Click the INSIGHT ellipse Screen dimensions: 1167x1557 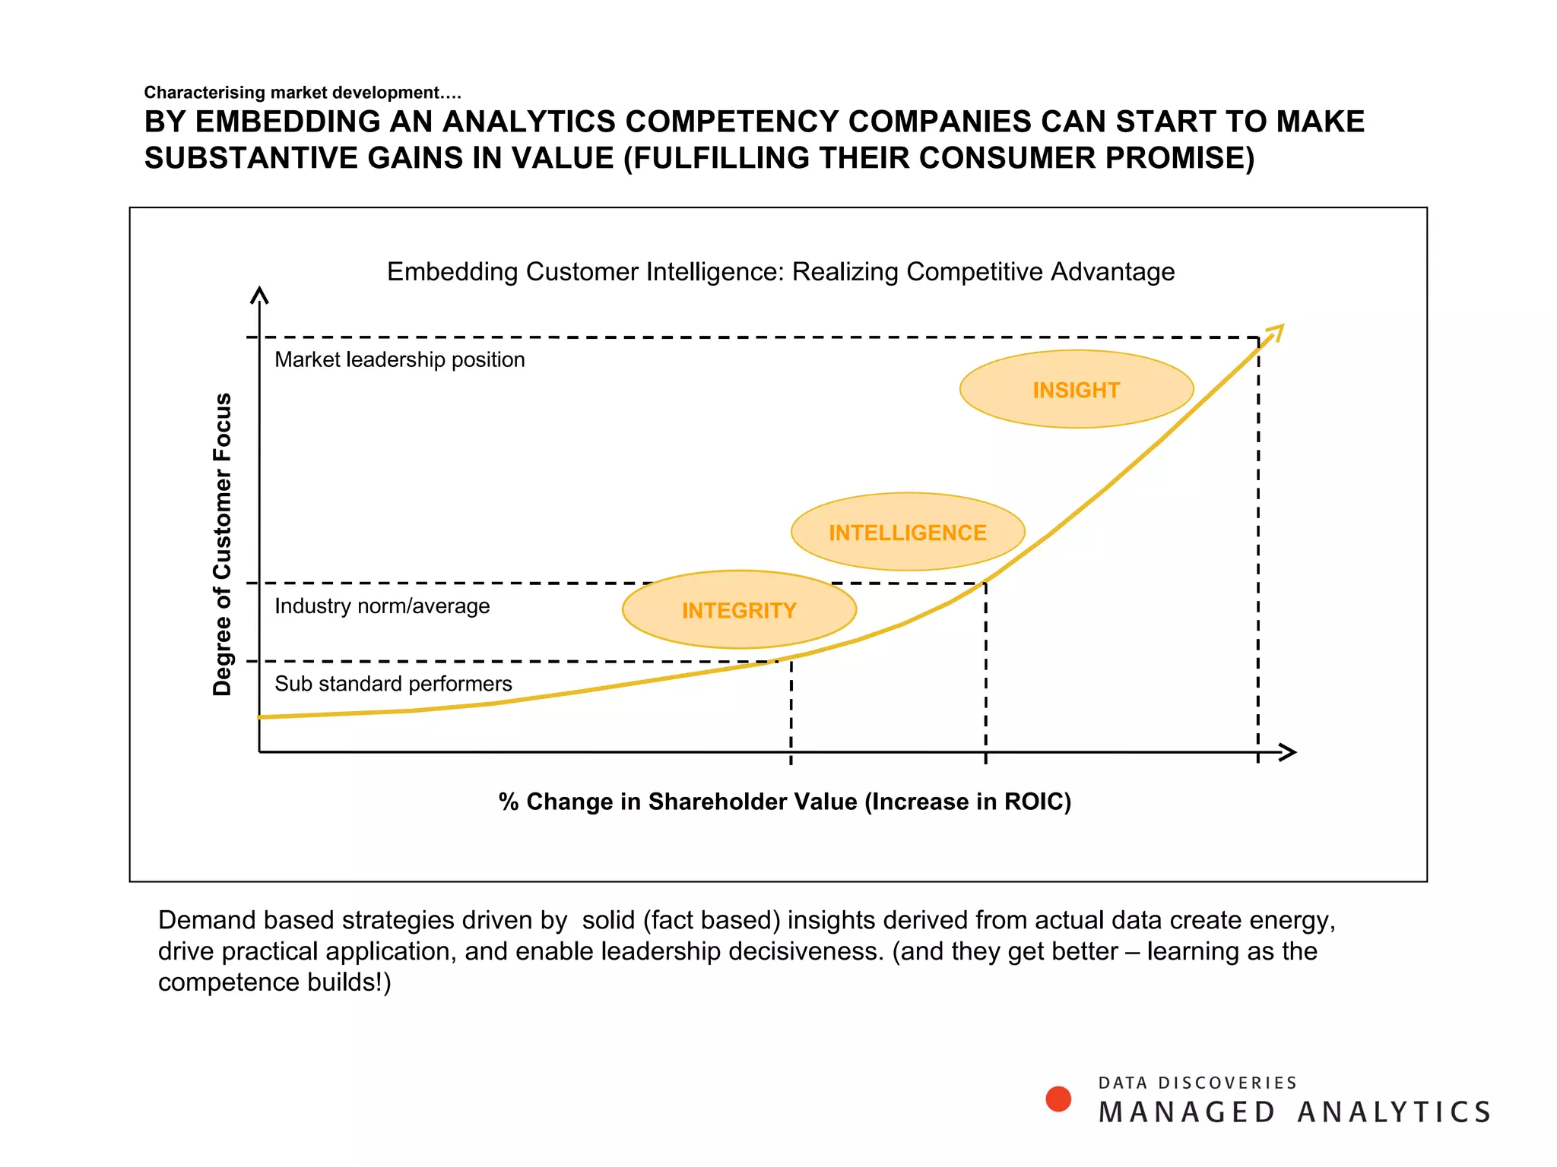(x=1076, y=390)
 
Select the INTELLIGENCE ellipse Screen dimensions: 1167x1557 (x=907, y=532)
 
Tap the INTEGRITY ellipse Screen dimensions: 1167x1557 (x=739, y=609)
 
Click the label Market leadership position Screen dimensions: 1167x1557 (x=399, y=359)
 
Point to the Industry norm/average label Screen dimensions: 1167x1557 (x=382, y=606)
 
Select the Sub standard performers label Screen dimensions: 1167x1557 (x=393, y=684)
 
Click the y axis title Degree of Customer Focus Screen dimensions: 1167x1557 (x=221, y=544)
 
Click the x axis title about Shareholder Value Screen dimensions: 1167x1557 (x=785, y=802)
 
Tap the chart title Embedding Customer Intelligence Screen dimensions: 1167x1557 (x=780, y=271)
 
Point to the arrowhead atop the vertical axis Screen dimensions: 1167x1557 (x=259, y=295)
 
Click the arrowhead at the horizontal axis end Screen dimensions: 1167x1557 (x=1288, y=752)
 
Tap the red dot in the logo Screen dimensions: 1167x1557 (x=1058, y=1099)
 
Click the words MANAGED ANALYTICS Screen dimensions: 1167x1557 (x=1294, y=1112)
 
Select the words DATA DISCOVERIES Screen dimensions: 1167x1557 (x=1197, y=1083)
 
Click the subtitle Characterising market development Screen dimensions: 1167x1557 (x=303, y=93)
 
